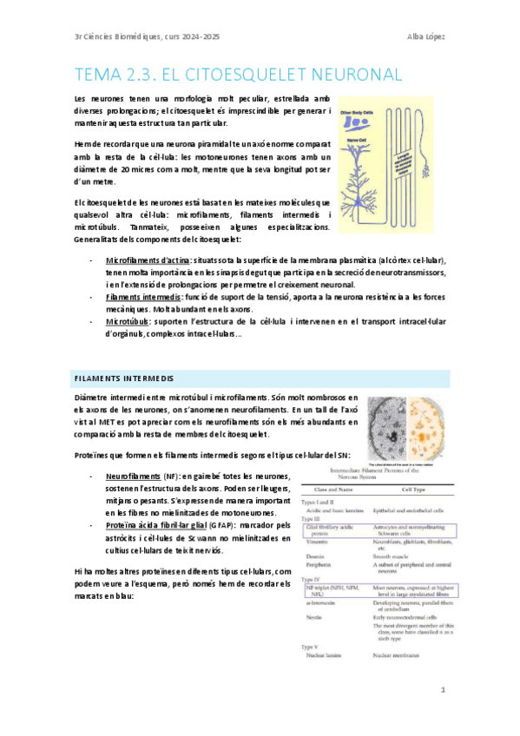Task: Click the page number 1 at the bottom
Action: pos(443,691)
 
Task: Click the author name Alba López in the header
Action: pos(425,36)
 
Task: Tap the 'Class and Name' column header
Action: pos(329,490)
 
